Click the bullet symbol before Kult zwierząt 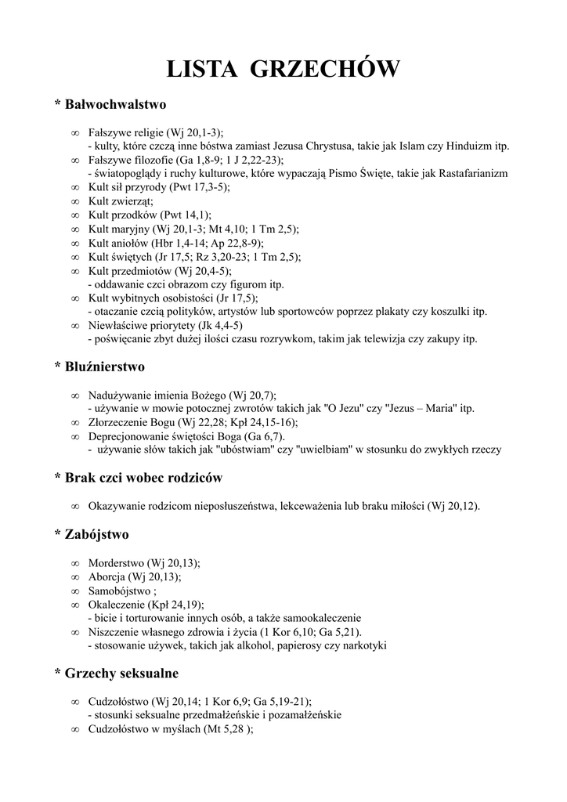tap(74, 201)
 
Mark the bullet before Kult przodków tap(74, 215)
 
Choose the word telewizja tap(388, 339)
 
